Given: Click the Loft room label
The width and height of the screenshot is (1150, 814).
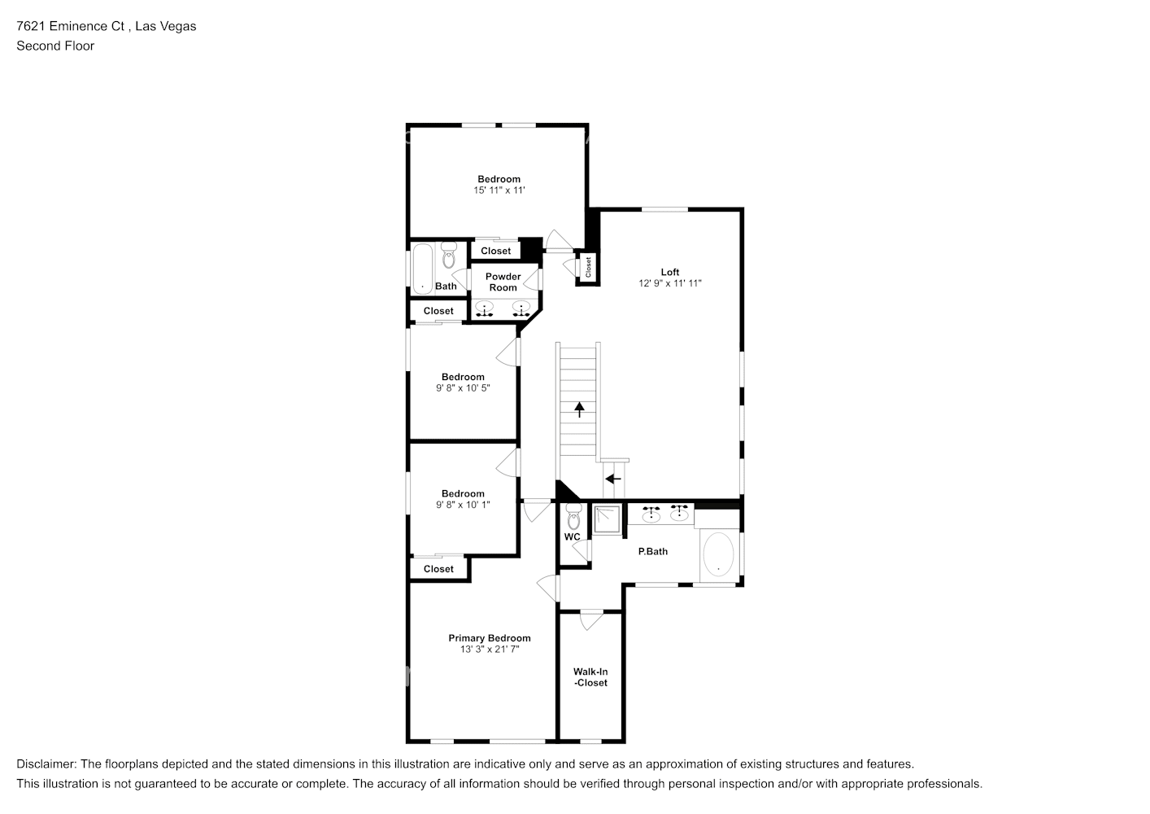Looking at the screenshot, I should point(669,272).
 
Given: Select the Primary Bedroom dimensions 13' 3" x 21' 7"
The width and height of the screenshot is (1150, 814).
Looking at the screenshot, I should point(489,650).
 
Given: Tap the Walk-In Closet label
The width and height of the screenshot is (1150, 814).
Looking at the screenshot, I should point(590,677).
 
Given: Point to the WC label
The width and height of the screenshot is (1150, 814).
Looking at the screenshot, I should point(572,537).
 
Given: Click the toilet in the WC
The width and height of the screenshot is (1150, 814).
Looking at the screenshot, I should point(573,516).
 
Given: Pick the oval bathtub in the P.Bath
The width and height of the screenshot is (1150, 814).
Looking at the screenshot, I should point(717,555).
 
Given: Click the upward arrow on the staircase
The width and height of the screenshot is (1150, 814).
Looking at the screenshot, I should point(579,409).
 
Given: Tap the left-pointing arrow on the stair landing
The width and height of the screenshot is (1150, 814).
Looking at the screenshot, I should point(613,479).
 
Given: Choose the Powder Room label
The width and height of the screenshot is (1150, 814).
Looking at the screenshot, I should point(503,282).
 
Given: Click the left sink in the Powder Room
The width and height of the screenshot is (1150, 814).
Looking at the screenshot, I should point(486,309).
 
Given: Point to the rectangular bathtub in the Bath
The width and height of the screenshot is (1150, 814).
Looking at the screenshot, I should point(422,268).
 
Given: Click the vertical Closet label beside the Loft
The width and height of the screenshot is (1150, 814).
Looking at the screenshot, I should point(587,266).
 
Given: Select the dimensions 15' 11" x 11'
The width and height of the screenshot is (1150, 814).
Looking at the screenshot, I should point(499,190).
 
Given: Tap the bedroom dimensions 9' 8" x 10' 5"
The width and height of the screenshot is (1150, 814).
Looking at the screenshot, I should point(463,388).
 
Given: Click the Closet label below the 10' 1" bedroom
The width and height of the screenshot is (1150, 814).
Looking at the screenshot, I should point(438,569).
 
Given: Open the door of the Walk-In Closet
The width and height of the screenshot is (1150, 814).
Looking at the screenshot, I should point(590,619).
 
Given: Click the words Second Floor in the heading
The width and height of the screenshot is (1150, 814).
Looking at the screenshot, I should point(55,46).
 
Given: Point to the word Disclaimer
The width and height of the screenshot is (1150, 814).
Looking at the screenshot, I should point(46,764).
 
